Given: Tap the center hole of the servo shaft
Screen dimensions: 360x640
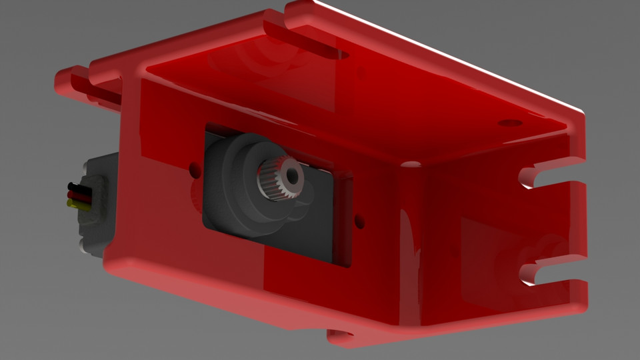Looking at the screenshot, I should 291,175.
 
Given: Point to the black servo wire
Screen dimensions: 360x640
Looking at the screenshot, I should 77,187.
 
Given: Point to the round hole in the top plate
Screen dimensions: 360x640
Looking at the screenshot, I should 510,123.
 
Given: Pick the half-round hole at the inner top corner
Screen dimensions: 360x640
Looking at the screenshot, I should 410,163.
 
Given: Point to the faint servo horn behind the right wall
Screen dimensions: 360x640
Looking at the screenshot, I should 513,260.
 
